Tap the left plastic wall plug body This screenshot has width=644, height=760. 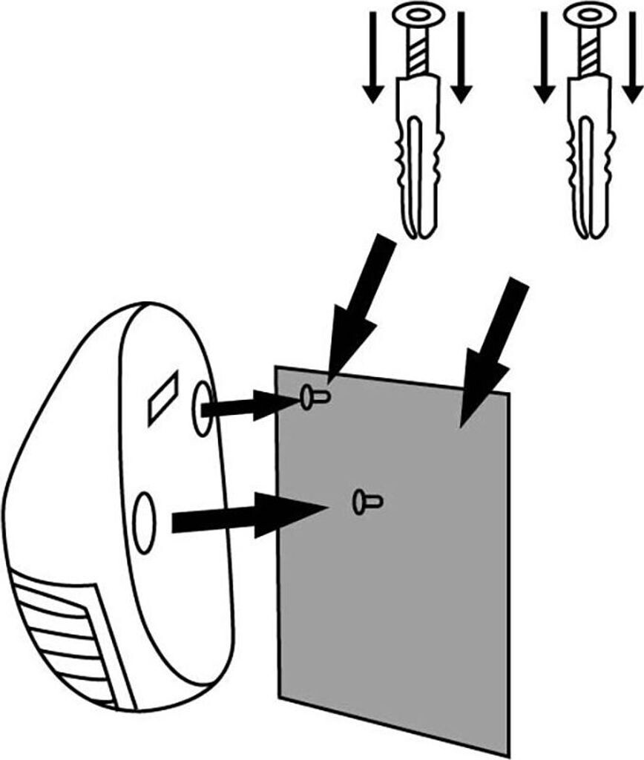tap(419, 156)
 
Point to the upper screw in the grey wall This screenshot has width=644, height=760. tap(312, 398)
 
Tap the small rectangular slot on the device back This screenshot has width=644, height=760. tap(162, 399)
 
